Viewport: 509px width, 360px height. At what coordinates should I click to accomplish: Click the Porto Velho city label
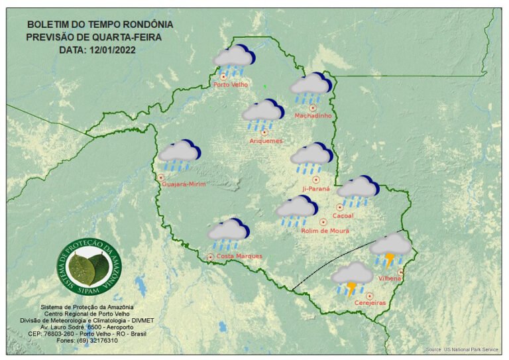(230, 85)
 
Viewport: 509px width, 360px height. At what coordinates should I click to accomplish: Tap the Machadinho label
(312, 116)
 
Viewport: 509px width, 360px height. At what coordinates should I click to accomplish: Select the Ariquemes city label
(266, 141)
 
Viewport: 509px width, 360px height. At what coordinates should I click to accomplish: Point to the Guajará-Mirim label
(184, 184)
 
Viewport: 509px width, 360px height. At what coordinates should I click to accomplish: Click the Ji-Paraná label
(315, 188)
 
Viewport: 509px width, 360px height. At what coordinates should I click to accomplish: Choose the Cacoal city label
(343, 215)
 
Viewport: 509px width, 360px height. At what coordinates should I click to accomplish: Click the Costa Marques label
(239, 256)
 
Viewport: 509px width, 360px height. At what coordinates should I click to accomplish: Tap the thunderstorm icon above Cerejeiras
(352, 278)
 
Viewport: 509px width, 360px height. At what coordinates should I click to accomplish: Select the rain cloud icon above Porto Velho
(233, 62)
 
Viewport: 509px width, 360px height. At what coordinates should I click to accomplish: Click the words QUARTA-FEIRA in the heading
(127, 36)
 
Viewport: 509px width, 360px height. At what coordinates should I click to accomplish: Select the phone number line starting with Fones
(87, 341)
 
